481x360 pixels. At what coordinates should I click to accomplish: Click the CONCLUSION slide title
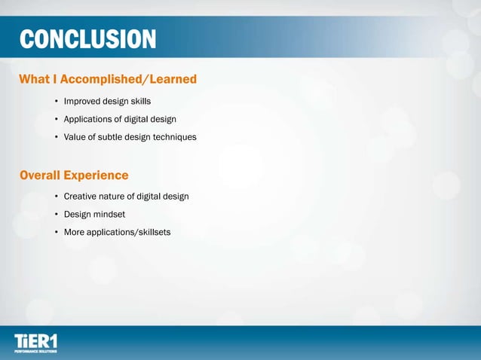(x=87, y=39)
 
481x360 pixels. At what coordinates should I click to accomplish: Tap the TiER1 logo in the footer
(x=35, y=340)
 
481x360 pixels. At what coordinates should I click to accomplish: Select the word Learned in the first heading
(x=173, y=79)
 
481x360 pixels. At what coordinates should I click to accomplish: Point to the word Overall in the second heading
(x=40, y=175)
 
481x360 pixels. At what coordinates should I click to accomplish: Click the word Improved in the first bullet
(x=84, y=101)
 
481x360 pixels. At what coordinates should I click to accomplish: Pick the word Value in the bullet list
(x=75, y=137)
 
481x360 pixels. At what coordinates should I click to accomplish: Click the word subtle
(x=113, y=137)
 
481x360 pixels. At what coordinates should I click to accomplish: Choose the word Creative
(x=82, y=197)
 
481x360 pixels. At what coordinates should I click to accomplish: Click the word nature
(x=118, y=197)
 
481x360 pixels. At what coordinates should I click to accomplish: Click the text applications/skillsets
(x=130, y=233)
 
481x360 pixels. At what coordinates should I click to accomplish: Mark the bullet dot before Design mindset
(x=56, y=215)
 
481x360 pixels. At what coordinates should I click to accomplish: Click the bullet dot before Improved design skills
(x=56, y=101)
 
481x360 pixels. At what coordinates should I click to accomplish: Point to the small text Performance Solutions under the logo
(x=35, y=351)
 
